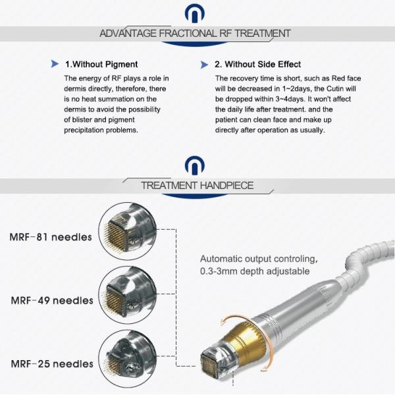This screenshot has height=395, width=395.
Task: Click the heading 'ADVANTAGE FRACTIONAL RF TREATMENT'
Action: (195, 34)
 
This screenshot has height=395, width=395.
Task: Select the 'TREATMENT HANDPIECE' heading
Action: (197, 186)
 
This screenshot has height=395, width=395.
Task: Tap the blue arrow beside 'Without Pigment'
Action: (55, 64)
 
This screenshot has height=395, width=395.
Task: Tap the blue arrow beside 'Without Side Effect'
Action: (204, 65)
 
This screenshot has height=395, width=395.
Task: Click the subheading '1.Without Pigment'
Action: (101, 65)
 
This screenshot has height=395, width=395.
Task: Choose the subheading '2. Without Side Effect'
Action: (257, 65)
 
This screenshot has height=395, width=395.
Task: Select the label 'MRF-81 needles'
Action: (51, 237)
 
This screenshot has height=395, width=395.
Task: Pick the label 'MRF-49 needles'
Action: (52, 300)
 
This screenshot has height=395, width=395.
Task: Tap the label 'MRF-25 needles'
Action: (52, 364)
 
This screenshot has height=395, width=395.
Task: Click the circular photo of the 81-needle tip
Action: (128, 232)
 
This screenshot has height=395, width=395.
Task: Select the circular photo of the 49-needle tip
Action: (128, 295)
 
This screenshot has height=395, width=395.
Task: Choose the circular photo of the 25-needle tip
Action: (128, 358)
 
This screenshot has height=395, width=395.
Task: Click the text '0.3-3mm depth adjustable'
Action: (255, 271)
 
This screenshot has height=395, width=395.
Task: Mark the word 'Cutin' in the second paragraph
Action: (335, 89)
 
